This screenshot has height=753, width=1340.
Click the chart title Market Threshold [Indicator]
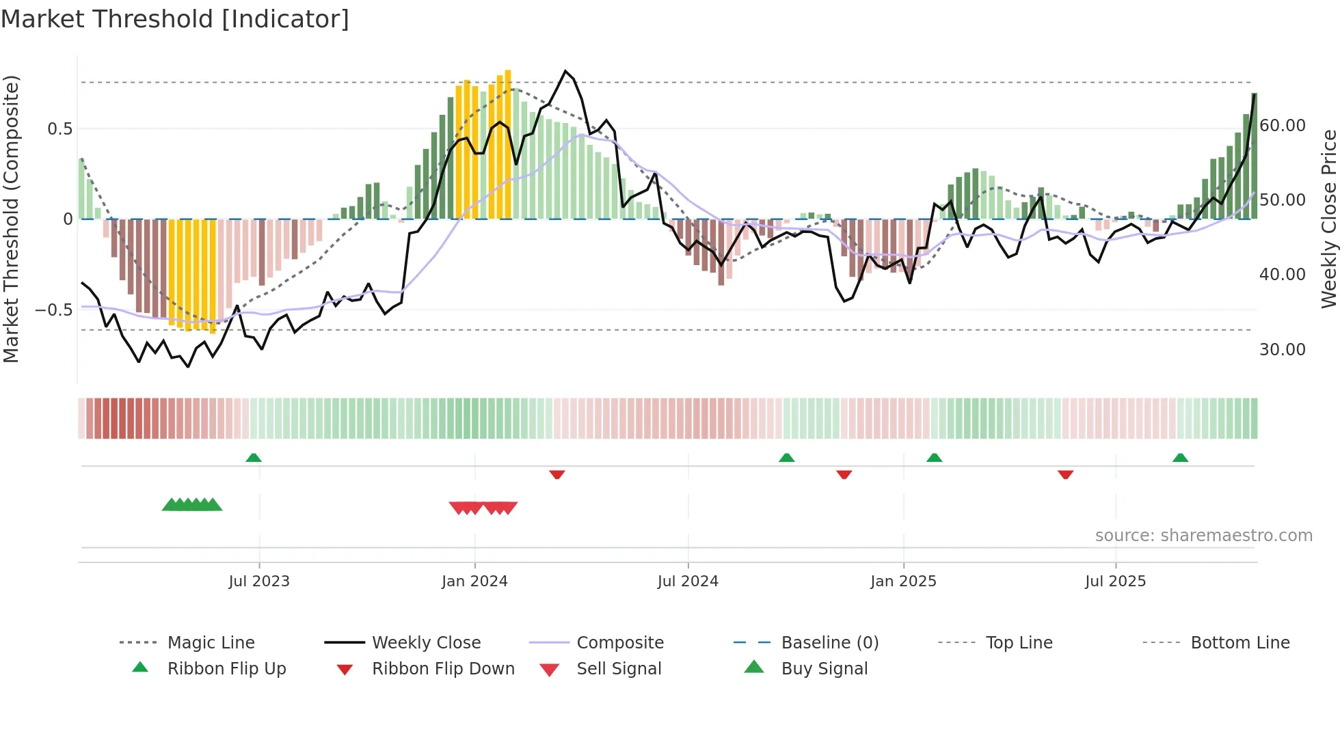tap(175, 19)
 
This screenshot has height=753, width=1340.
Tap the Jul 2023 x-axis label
tap(259, 581)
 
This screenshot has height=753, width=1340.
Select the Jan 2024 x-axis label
tap(474, 581)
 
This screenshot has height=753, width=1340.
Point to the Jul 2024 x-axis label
tap(688, 581)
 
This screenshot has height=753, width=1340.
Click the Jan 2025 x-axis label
tap(903, 581)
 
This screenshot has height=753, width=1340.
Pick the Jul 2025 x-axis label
tap(1115, 581)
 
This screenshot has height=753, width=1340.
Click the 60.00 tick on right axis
tap(1282, 126)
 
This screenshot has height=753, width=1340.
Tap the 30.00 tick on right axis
tap(1282, 350)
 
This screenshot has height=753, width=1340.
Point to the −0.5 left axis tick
tap(53, 310)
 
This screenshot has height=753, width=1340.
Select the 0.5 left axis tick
tap(59, 129)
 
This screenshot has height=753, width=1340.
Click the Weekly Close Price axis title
tap(1328, 219)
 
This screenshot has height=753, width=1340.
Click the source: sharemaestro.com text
tap(1203, 536)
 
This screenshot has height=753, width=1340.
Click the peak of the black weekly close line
tap(565, 71)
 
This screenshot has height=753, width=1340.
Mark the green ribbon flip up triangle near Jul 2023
tap(254, 458)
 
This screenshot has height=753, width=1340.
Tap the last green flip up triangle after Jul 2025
tap(1180, 458)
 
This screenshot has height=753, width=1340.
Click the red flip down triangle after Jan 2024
tap(557, 474)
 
